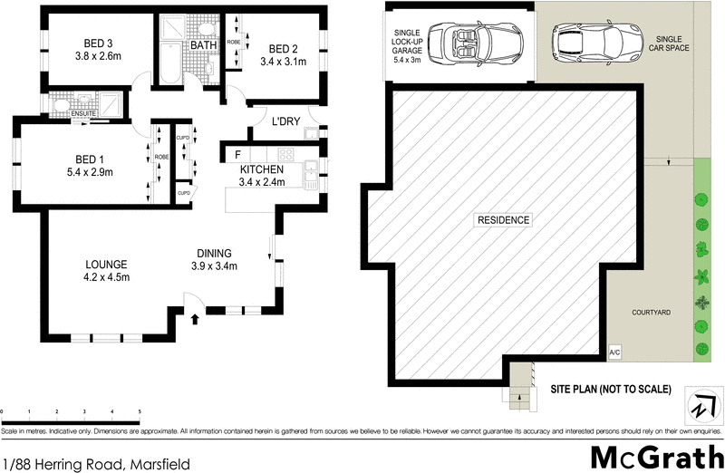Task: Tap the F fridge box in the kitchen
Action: pyautogui.click(x=237, y=155)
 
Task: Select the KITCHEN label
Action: pyautogui.click(x=262, y=169)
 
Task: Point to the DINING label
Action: pyautogui.click(x=214, y=253)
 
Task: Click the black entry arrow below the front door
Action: pyautogui.click(x=195, y=317)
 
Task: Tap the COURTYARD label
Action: pyautogui.click(x=651, y=312)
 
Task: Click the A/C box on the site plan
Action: pyautogui.click(x=614, y=352)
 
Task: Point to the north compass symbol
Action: pyautogui.click(x=701, y=403)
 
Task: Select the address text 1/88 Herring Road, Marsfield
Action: pyautogui.click(x=96, y=464)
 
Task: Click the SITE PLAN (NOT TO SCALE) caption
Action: pyautogui.click(x=611, y=390)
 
